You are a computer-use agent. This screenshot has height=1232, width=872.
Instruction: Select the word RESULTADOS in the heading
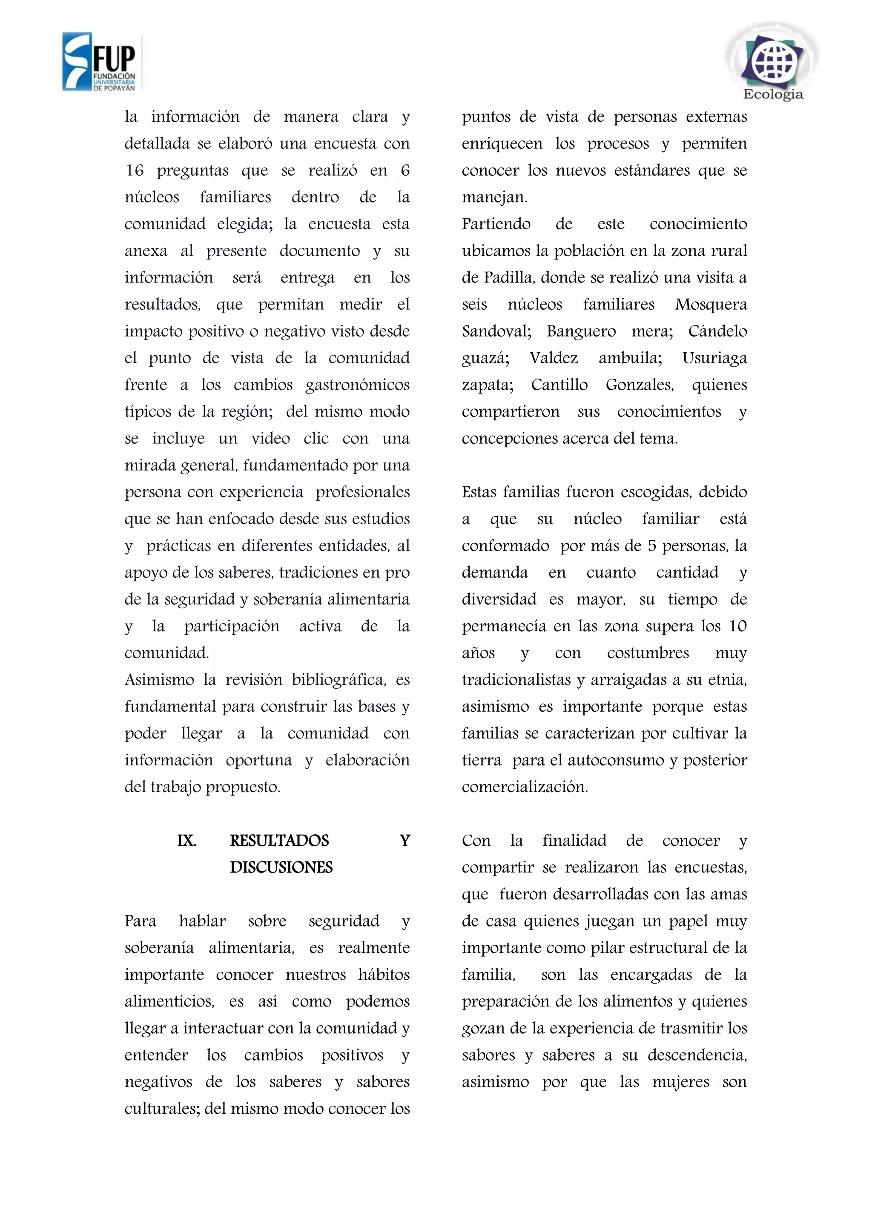[279, 840]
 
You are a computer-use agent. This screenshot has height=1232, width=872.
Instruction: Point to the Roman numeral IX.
[186, 840]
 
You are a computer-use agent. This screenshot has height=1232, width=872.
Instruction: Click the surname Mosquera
[711, 305]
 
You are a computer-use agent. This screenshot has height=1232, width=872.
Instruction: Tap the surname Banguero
[581, 331]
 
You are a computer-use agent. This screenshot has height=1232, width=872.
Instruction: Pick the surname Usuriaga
[714, 359]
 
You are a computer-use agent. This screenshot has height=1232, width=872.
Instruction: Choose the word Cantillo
[559, 385]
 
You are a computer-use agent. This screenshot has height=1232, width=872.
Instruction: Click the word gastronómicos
[357, 385]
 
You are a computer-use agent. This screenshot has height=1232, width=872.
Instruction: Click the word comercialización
[524, 787]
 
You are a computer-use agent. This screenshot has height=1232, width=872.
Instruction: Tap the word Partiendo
[496, 224]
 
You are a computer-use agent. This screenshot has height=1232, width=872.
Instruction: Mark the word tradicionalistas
[515, 680]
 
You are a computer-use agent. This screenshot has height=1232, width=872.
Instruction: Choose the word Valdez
[554, 359]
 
